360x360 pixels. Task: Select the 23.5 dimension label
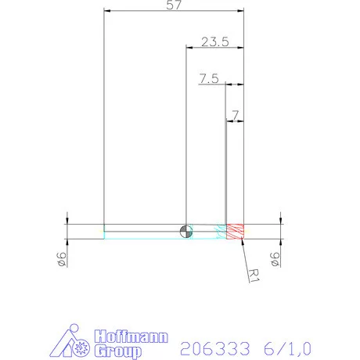point(214,42)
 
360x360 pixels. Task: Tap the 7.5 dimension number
point(209,78)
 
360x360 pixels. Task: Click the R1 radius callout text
point(253,275)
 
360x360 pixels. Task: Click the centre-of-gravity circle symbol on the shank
point(185,229)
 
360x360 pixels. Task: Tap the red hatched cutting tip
point(236,231)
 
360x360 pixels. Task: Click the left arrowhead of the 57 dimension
point(108,11)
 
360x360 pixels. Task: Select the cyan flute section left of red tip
point(220,231)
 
